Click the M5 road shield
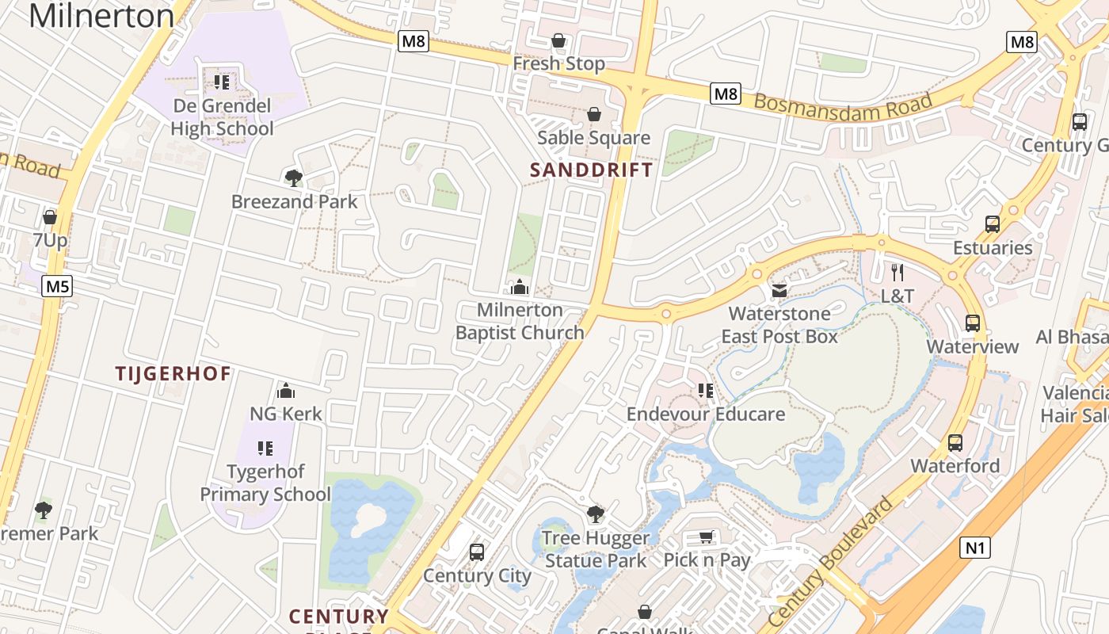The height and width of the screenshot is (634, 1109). pos(57,286)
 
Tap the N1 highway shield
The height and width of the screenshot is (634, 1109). pos(975,547)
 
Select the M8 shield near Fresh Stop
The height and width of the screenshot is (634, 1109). pos(413,41)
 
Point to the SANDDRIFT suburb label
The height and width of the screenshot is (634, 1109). pos(592,170)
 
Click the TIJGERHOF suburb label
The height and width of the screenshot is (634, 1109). pos(173,373)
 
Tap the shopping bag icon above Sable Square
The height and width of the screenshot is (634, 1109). pos(594,115)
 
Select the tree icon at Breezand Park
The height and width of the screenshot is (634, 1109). pos(294,178)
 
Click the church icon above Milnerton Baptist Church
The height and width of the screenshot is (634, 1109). pos(520,287)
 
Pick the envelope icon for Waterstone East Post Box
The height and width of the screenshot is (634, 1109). pos(779,290)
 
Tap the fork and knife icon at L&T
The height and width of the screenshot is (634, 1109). pos(897,273)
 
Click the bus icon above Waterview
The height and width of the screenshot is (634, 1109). pos(973,323)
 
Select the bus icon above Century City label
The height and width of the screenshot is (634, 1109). pos(477,552)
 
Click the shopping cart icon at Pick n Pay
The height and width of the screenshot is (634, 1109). pos(707,537)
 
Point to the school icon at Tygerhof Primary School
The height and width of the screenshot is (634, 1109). pos(265,449)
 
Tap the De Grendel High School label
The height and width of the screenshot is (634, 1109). pos(222,117)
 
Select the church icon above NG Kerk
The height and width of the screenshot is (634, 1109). pos(286,391)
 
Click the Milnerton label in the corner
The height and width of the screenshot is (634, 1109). pos(101,16)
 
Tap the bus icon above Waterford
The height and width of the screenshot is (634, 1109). pos(955,443)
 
